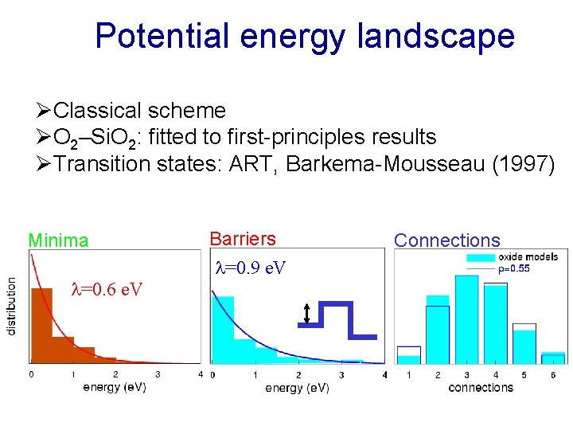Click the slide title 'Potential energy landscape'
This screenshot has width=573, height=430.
[x=305, y=37]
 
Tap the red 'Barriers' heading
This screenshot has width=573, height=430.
[x=243, y=239]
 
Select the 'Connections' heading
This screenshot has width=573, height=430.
[x=447, y=240]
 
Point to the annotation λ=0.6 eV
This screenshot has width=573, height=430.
[x=107, y=289]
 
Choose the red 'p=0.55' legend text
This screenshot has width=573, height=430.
[x=514, y=269]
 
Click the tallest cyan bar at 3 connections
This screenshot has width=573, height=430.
[x=466, y=319]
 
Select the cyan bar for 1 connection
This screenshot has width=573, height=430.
[x=408, y=357]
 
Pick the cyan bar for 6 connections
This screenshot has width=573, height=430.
[x=554, y=358]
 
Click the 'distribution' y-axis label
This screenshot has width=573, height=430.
[x=12, y=305]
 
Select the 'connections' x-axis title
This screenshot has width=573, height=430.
[x=481, y=388]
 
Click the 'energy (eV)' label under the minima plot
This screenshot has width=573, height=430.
[x=115, y=388]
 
